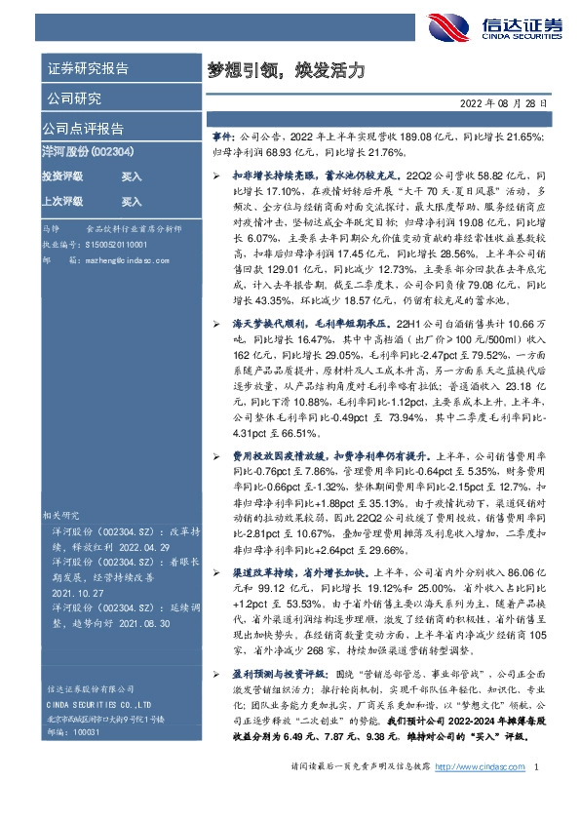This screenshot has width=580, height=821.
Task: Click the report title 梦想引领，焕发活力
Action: coord(288,70)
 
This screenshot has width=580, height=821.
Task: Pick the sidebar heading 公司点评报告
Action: coord(82,129)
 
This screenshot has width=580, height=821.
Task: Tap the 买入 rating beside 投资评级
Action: coord(132,177)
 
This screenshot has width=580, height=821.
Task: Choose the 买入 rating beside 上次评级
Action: coord(132,202)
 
